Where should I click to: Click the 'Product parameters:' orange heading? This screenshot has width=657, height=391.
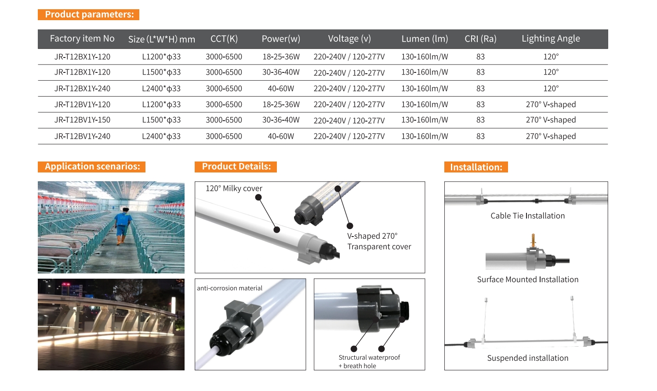89,14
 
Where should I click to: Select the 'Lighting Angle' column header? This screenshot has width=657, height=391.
551,39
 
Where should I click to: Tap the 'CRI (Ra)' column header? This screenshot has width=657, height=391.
480,39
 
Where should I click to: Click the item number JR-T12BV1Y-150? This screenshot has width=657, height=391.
83,120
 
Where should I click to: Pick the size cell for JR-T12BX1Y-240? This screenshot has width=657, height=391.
161,89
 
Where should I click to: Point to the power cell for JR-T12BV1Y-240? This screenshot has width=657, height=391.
281,136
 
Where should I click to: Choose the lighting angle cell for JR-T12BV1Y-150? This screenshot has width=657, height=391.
551,120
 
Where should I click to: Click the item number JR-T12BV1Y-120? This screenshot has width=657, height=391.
83,104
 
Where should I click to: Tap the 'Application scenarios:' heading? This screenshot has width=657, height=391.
91,167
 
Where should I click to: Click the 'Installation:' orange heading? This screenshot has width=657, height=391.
476,167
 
